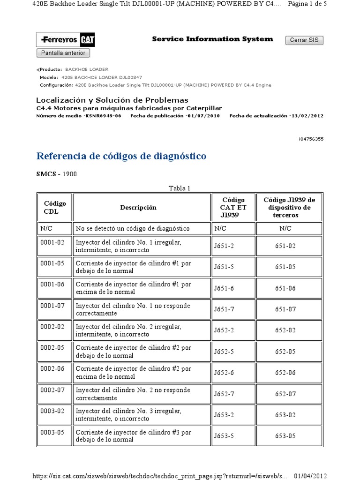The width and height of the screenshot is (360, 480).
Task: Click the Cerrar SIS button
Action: click(x=304, y=40)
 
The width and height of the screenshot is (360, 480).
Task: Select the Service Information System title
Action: click(x=212, y=39)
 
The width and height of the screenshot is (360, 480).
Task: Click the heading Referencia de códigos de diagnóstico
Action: click(x=121, y=156)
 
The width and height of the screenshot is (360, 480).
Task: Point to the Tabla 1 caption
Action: click(x=180, y=188)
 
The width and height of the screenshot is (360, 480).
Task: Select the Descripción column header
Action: click(x=138, y=207)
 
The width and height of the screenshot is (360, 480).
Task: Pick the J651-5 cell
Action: click(x=224, y=267)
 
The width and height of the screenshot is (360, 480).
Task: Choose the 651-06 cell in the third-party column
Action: click(x=285, y=288)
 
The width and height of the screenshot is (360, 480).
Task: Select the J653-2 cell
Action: click(x=224, y=415)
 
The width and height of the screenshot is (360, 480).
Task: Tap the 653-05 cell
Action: click(x=285, y=436)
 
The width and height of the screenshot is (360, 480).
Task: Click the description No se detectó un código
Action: click(x=133, y=229)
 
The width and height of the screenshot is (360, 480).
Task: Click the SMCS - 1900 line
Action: click(x=57, y=174)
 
